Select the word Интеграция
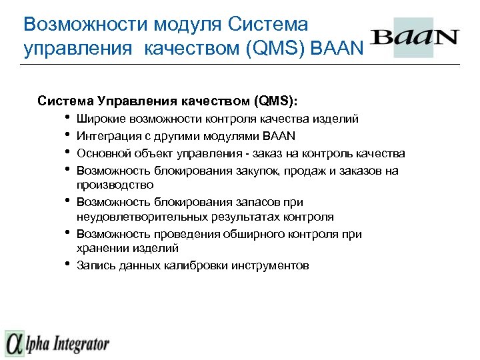pos(105,136)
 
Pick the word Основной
pos(103,153)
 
